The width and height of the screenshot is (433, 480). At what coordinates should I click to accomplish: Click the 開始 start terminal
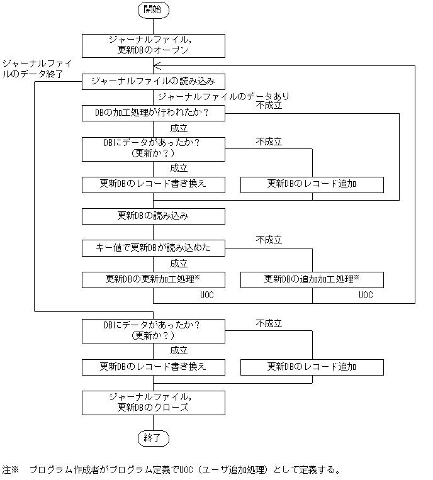tap(153, 9)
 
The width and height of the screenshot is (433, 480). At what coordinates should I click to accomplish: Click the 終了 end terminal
tap(153, 437)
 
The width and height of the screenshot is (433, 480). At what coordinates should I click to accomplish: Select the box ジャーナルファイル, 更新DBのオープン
tap(153, 44)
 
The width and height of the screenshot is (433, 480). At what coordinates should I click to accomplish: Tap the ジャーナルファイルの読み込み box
tap(153, 82)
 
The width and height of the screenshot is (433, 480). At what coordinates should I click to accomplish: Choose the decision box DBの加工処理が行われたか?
tap(153, 113)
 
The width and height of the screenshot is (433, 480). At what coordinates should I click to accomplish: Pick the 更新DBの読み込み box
tap(153, 216)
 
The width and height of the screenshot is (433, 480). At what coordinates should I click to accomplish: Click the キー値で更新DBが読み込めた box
tap(153, 248)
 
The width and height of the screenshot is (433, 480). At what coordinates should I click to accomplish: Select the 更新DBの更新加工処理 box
tap(153, 279)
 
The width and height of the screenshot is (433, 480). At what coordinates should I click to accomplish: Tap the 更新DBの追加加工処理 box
tap(312, 279)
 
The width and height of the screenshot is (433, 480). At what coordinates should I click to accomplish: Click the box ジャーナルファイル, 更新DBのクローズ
tap(153, 402)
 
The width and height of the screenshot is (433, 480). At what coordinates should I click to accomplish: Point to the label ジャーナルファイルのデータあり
tap(223, 97)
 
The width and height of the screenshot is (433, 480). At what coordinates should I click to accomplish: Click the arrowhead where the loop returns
tap(157, 65)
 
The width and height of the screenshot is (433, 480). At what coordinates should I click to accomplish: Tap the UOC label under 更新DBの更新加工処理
tap(207, 294)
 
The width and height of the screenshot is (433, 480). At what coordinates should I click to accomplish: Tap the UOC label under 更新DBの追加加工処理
tap(366, 294)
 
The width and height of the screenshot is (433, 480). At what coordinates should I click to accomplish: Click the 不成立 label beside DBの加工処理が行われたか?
tap(269, 106)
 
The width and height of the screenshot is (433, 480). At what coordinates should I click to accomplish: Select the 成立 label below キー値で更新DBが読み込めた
tap(179, 264)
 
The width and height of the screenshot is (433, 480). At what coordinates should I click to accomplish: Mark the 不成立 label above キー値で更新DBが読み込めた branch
tap(269, 240)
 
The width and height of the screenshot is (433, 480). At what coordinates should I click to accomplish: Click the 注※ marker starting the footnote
tap(11, 470)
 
